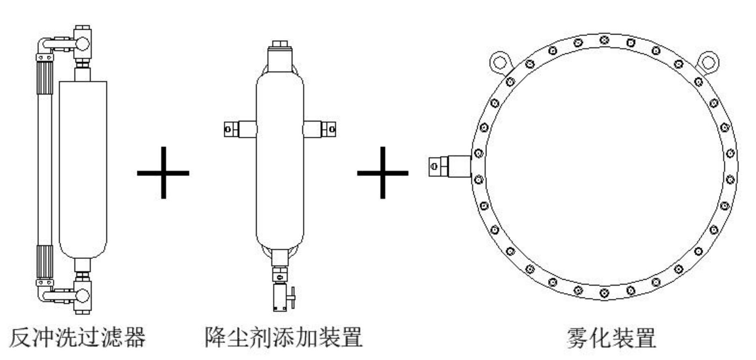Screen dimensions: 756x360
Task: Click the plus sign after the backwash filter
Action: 163,173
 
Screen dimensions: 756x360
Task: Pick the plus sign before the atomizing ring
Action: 382,173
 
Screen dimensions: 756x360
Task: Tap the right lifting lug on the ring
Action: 708,63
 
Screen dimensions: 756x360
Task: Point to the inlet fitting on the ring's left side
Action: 450,166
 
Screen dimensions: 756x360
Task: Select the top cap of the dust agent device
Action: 280,56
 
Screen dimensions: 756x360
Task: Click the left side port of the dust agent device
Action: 240,129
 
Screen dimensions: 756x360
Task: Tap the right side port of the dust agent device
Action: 320,129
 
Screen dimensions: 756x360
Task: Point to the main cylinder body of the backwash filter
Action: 83,170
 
